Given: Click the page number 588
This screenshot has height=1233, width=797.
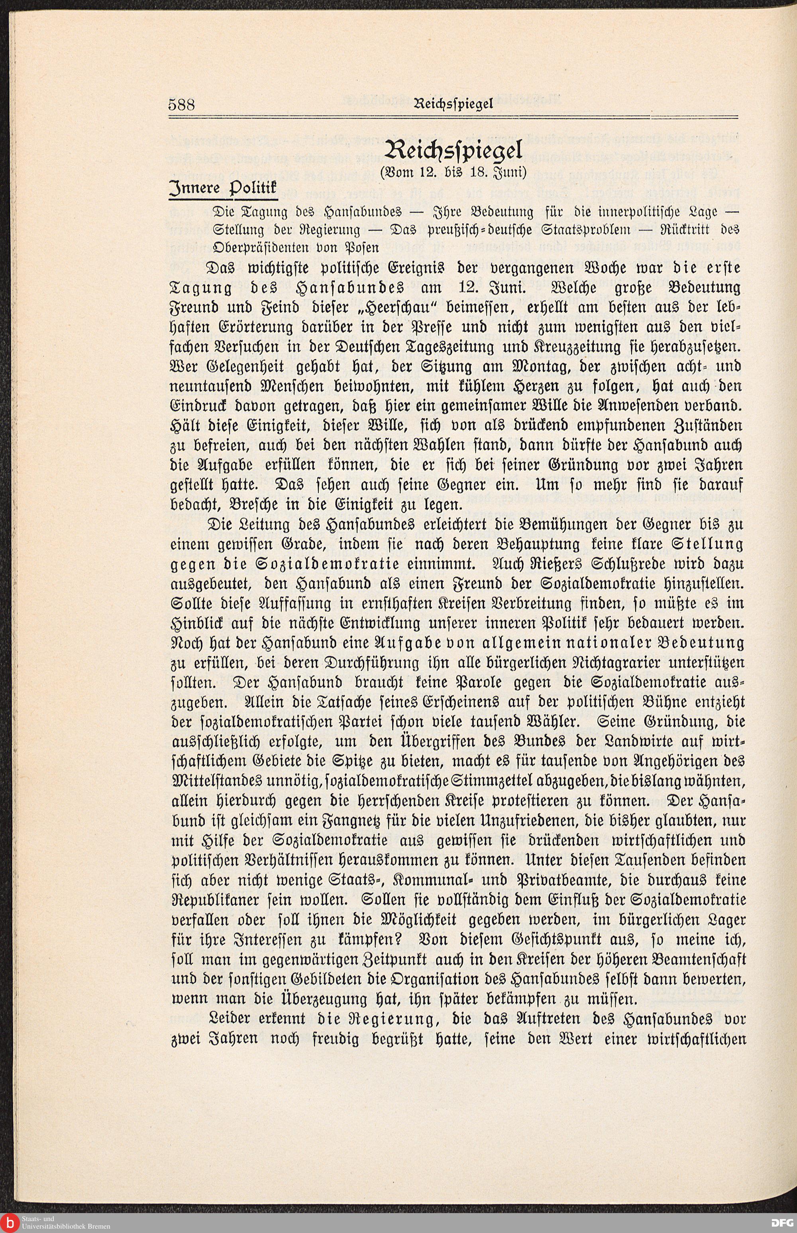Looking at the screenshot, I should tap(181, 105).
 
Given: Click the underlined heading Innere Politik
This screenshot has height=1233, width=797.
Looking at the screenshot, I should tap(224, 189).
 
